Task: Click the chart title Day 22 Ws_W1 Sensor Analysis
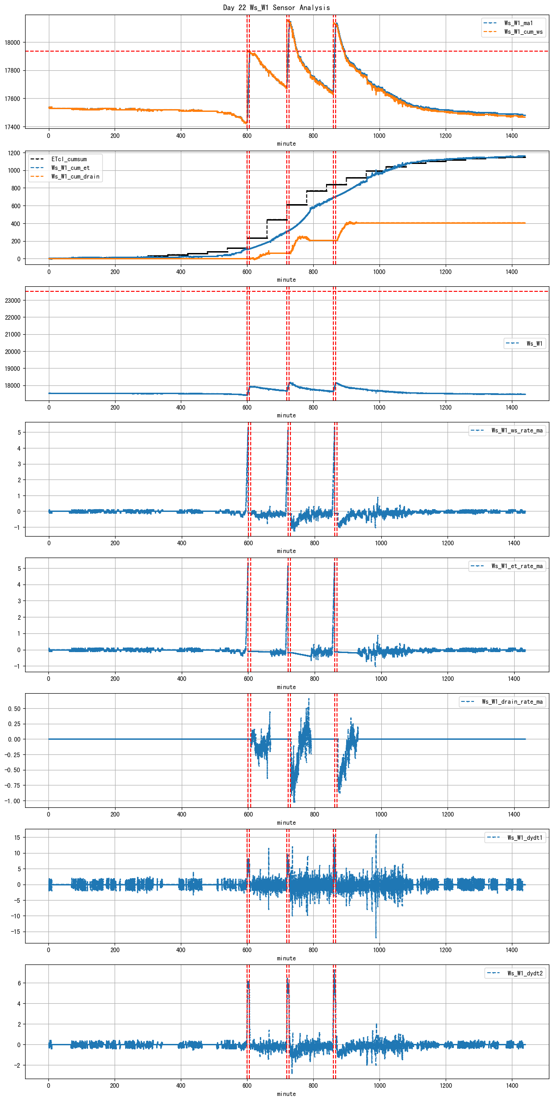[x=276, y=7]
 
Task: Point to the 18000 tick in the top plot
[x=12, y=42]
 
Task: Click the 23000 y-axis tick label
[x=12, y=300]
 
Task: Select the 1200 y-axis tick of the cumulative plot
[x=14, y=153]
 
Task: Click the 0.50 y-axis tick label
[x=14, y=709]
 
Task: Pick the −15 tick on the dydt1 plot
[x=16, y=932]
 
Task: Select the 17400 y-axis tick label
[x=12, y=127]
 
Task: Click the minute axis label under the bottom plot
[x=286, y=1094]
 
